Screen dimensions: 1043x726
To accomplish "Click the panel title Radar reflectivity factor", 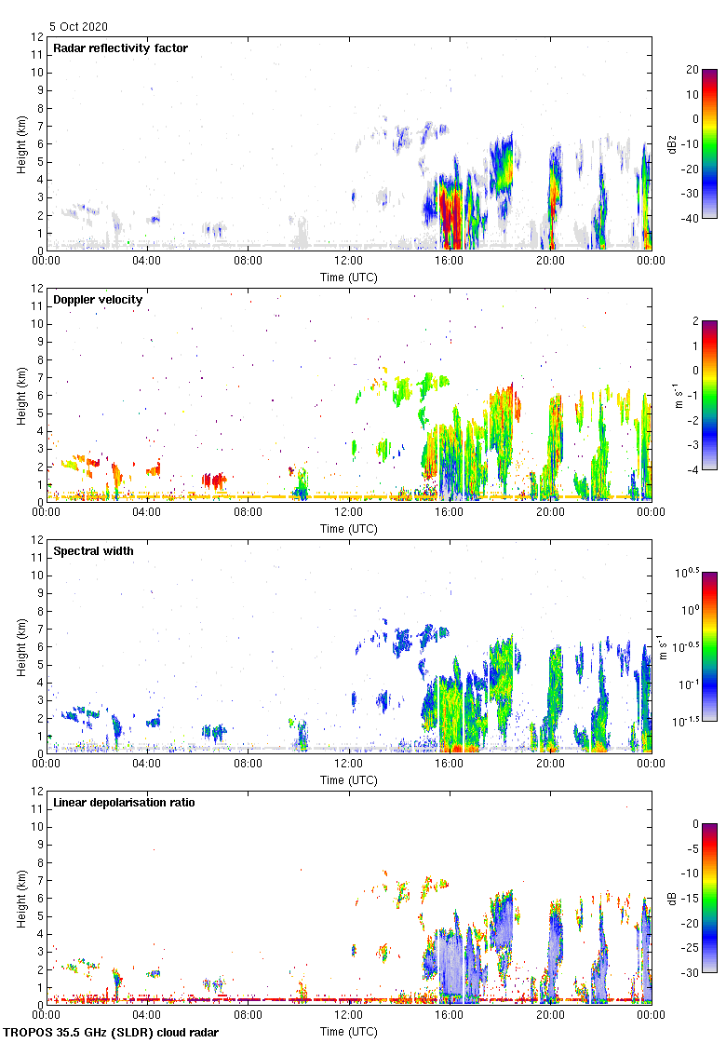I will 120,47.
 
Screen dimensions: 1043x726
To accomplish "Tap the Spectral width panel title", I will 93,550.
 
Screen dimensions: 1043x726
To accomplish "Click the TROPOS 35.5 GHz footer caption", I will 112,1033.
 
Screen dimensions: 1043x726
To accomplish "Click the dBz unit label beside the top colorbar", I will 671,144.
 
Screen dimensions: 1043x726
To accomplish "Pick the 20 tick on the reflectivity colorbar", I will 692,70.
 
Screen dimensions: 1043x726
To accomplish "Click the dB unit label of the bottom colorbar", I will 671,899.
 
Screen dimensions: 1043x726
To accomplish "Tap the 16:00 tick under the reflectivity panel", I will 450,262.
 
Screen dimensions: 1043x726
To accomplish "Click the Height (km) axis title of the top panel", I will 21,144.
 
